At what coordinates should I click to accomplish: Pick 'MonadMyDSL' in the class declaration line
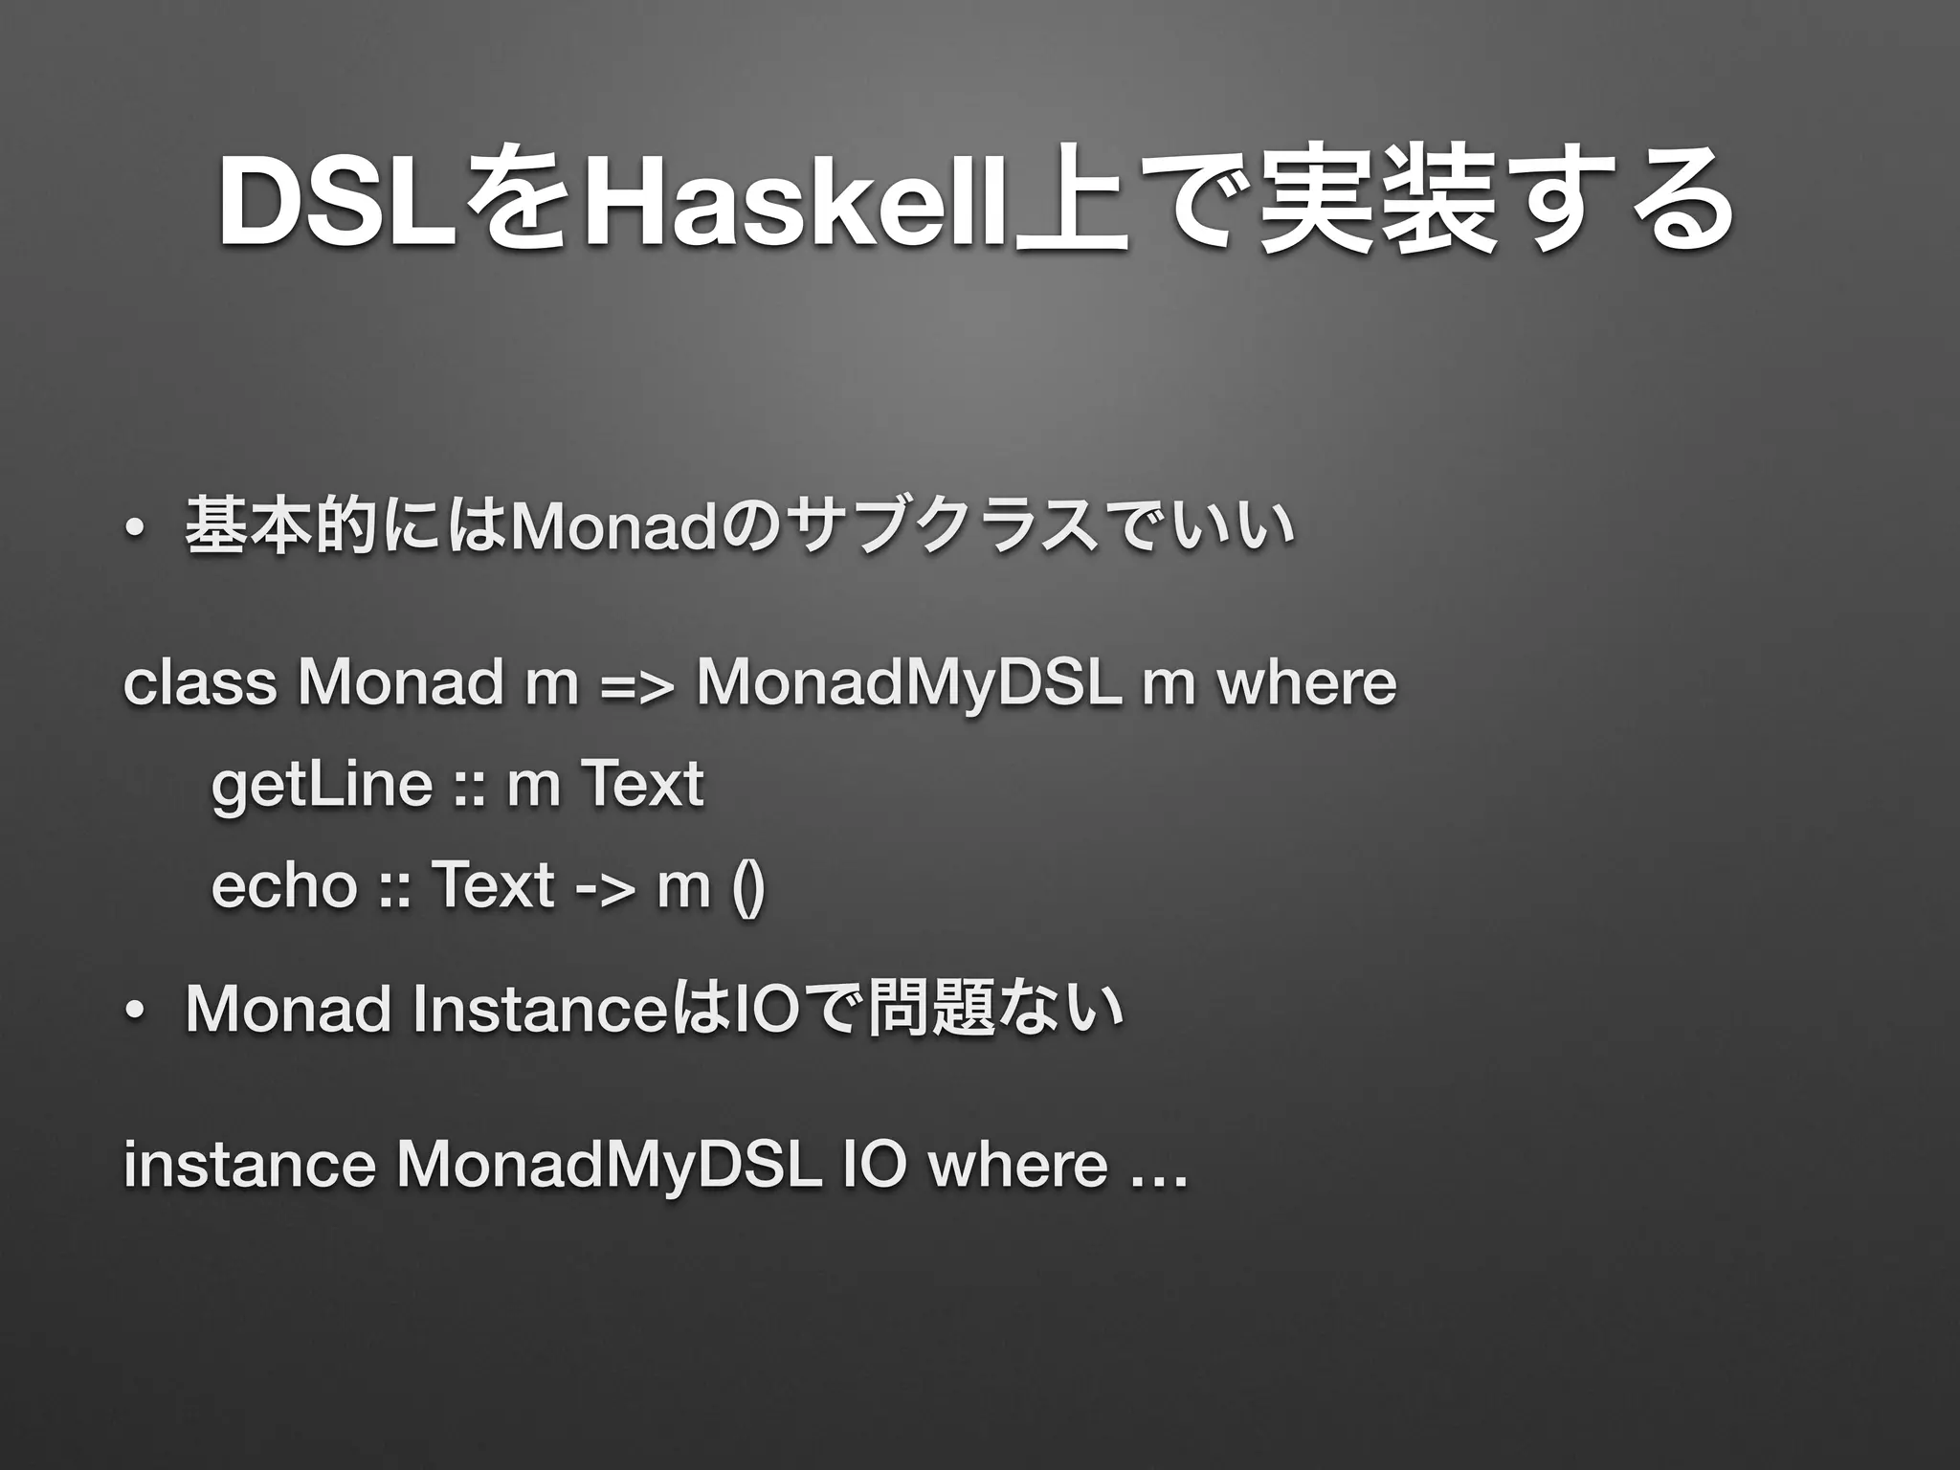coord(908,684)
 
